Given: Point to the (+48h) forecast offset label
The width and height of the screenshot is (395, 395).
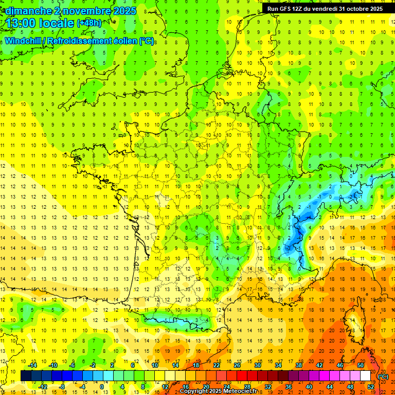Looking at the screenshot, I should [89, 23].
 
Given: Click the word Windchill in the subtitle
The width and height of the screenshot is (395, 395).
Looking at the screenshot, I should [24, 41].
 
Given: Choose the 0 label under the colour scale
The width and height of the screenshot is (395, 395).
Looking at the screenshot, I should [101, 387].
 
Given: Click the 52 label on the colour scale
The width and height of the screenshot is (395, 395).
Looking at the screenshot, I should [371, 387].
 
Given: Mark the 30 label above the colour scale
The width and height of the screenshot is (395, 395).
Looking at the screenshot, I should [258, 365].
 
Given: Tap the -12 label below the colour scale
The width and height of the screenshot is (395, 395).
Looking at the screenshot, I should [43, 387].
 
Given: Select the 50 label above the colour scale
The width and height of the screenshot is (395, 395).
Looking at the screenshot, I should [361, 365].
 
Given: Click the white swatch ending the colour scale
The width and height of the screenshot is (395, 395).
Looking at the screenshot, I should [365, 376].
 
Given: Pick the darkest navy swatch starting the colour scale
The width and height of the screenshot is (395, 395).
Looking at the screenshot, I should [26, 376].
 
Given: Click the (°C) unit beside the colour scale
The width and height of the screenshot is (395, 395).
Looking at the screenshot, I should [383, 376].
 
